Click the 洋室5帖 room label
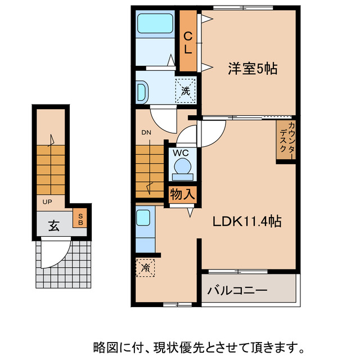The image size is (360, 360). coord(253,69)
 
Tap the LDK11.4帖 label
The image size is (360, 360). coord(247,221)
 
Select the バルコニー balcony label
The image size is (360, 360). coord(236,291)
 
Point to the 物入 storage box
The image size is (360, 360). coord(183,195)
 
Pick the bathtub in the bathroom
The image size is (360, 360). coord(156,24)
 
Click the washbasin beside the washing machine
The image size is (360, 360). coord(141,91)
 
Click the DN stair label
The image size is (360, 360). coord(146,133)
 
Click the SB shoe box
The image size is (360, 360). coord(80,218)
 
